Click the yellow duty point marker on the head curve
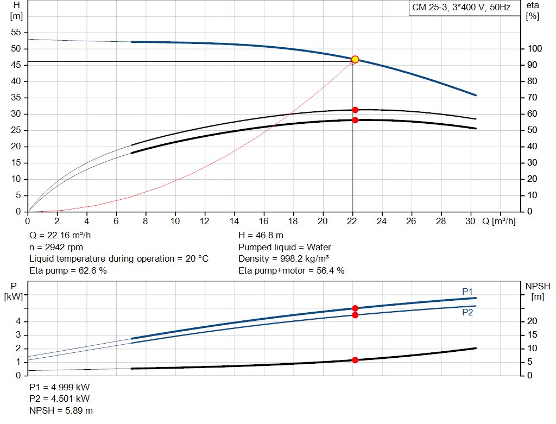pyautogui.click(x=355, y=59)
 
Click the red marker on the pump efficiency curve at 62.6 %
pyautogui.click(x=355, y=110)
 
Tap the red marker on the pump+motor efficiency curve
pyautogui.click(x=355, y=120)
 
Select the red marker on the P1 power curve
pyautogui.click(x=355, y=308)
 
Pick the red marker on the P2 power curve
pyautogui.click(x=355, y=315)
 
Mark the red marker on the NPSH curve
pyautogui.click(x=355, y=360)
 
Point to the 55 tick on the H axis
pyautogui.click(x=16, y=33)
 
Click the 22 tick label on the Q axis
pyautogui.click(x=352, y=222)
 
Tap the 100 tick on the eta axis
pyautogui.click(x=535, y=49)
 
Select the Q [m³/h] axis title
pyautogui.click(x=498, y=222)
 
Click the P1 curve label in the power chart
pyautogui.click(x=467, y=292)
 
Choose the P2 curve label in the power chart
pyautogui.click(x=467, y=313)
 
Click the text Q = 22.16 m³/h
pyautogui.click(x=61, y=236)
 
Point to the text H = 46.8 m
pyautogui.click(x=261, y=236)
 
